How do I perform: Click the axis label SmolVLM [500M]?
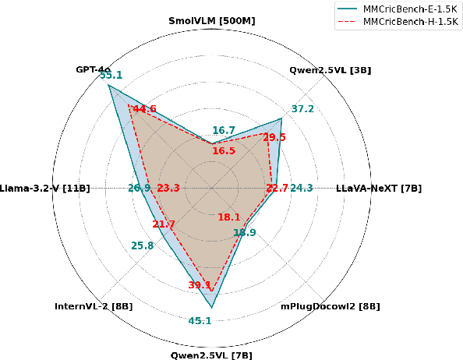pyautogui.click(x=211, y=19)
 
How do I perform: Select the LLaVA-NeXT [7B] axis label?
pyautogui.click(x=379, y=189)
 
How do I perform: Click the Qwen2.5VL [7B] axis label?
pyautogui.click(x=211, y=355)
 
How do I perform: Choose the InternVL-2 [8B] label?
pyautogui.click(x=94, y=306)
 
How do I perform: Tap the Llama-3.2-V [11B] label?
pyautogui.click(x=45, y=189)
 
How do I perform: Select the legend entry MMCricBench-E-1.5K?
pyautogui.click(x=408, y=7)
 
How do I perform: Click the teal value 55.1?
pyautogui.click(x=111, y=76)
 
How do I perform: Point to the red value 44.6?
pyautogui.click(x=144, y=108)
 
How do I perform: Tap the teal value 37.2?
pyautogui.click(x=302, y=108)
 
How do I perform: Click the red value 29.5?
pyautogui.click(x=274, y=137)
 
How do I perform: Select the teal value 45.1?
pyautogui.click(x=200, y=321)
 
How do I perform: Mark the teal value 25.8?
pyautogui.click(x=142, y=246)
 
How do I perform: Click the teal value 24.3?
pyautogui.click(x=302, y=188)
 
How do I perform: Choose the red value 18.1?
pyautogui.click(x=229, y=217)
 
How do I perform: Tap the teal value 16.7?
pyautogui.click(x=224, y=130)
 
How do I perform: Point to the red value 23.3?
pyautogui.click(x=168, y=188)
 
